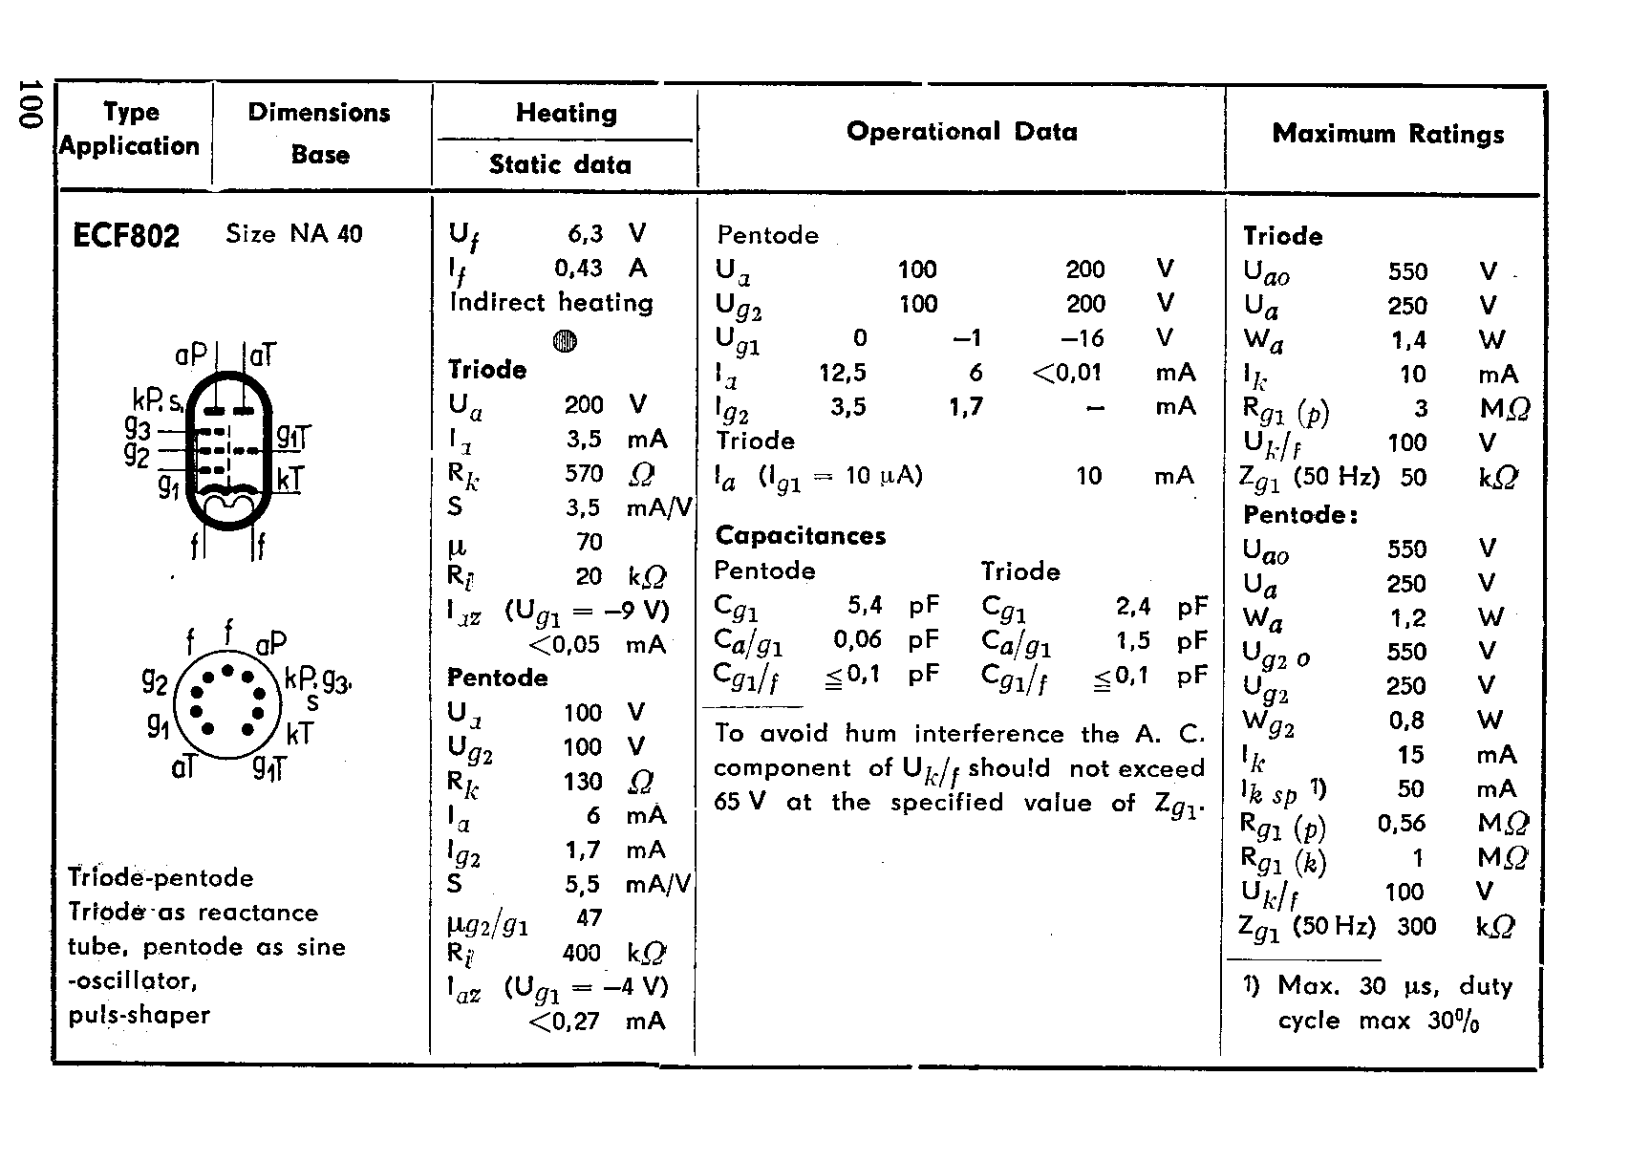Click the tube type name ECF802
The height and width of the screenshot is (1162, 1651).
[x=125, y=235]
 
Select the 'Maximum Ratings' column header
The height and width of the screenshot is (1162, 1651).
[x=1387, y=134]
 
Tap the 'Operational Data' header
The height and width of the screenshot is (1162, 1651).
[x=961, y=132]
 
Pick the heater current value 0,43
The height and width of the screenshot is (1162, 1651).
[x=578, y=269]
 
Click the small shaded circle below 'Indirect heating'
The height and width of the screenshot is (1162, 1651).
[x=565, y=341]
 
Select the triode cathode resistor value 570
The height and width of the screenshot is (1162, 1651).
[x=584, y=474]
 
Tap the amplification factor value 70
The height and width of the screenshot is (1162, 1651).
[x=590, y=543]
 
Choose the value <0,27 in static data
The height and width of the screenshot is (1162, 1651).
[x=564, y=1022]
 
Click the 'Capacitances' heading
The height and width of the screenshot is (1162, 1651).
[x=801, y=535]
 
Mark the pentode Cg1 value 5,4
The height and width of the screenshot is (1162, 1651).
[x=865, y=606]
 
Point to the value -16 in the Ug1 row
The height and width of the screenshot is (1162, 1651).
[x=1082, y=338]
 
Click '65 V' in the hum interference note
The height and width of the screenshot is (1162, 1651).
[x=740, y=803]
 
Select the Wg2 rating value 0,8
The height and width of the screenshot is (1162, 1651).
[x=1408, y=721]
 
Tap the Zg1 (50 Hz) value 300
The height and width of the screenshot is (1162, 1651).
[x=1416, y=926]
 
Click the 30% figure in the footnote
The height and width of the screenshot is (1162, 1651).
[x=1454, y=1021]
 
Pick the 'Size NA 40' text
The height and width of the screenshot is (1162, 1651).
[x=294, y=234]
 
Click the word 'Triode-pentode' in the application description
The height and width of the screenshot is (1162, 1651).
[x=161, y=878]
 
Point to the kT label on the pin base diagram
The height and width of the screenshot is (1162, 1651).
[x=299, y=734]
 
